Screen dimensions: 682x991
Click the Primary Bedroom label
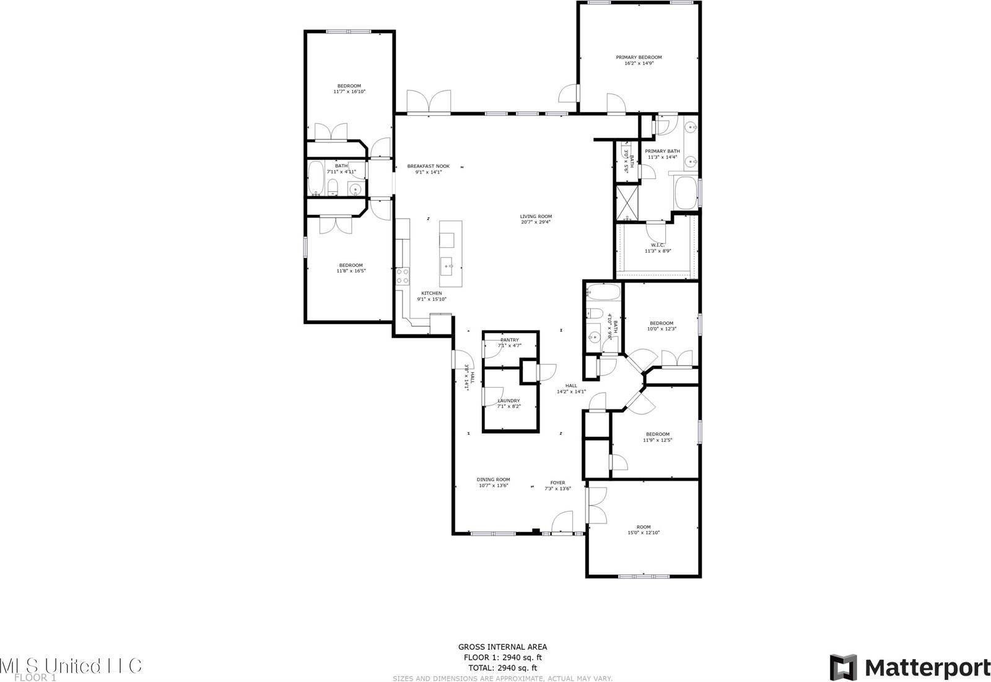639,57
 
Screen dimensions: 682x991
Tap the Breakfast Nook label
428,166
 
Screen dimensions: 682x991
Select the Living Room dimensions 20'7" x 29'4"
536,222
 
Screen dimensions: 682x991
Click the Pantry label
509,340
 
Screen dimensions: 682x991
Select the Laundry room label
509,401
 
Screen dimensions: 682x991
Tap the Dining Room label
493,479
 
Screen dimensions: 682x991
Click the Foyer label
557,483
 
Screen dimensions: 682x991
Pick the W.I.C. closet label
657,245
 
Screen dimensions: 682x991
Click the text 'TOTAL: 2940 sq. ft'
502,668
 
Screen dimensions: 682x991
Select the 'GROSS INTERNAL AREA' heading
502,647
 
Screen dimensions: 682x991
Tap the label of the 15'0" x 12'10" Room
644,527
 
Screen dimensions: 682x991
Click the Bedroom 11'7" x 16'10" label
349,86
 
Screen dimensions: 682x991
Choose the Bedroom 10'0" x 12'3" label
661,323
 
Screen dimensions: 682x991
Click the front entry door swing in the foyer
562,522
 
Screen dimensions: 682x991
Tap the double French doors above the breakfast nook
429,102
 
